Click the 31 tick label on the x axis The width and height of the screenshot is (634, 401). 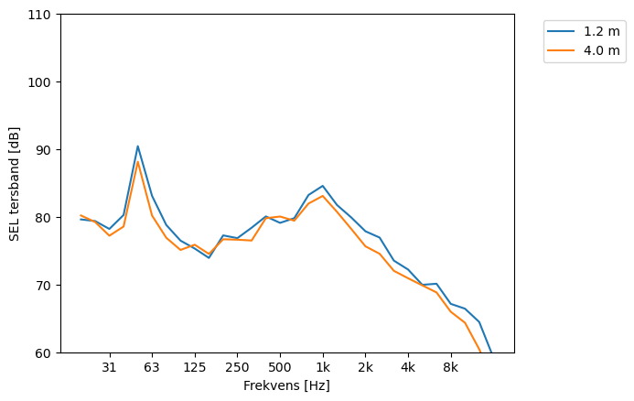pyautogui.click(x=109, y=367)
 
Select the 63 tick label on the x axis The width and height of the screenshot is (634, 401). pyautogui.click(x=152, y=367)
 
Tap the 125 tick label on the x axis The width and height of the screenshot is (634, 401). pyautogui.click(x=194, y=367)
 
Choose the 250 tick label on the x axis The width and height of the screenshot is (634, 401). pyautogui.click(x=237, y=367)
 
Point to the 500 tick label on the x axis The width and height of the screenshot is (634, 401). pyautogui.click(x=280, y=367)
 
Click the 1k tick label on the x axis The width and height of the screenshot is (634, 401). pyautogui.click(x=322, y=367)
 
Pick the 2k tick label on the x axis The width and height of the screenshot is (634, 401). pyautogui.click(x=365, y=367)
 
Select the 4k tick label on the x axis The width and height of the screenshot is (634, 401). pyautogui.click(x=408, y=367)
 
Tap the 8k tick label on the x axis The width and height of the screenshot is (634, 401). pyautogui.click(x=451, y=367)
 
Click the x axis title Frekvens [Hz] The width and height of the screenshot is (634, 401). pyautogui.click(x=286, y=385)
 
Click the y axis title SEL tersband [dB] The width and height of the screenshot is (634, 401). pyautogui.click(x=15, y=183)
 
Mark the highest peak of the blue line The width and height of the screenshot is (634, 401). pyautogui.click(x=137, y=146)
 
